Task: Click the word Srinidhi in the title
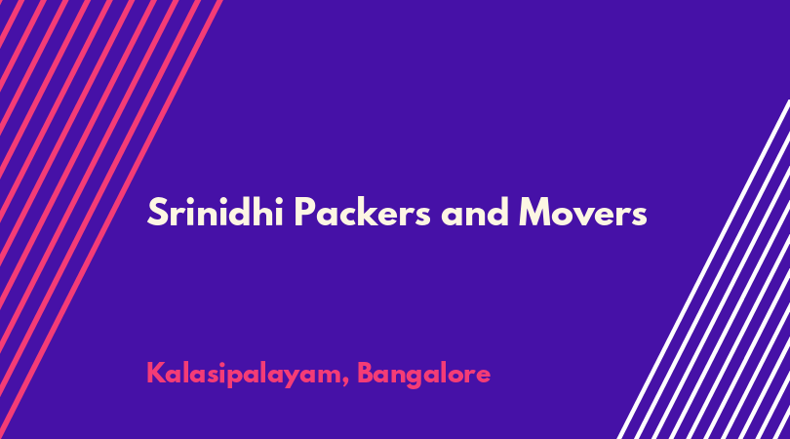[216, 211]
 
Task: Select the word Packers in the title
[362, 211]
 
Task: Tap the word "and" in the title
[475, 212]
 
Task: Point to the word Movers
[583, 212]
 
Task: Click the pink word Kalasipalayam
[244, 375]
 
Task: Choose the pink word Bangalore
[423, 375]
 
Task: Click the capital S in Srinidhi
[157, 212]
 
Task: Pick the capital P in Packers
[305, 212]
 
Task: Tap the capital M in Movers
[536, 212]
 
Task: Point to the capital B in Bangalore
[366, 373]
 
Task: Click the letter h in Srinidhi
[261, 211]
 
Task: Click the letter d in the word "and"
[497, 212]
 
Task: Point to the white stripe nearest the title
[703, 269]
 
